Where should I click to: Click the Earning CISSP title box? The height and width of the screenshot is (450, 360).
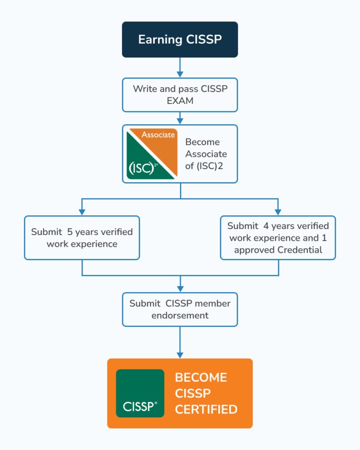tap(180, 39)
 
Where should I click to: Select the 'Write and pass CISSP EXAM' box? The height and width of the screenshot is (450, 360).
tap(180, 95)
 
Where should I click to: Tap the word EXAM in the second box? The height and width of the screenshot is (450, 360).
tap(180, 101)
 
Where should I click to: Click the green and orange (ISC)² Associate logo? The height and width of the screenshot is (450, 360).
tap(152, 154)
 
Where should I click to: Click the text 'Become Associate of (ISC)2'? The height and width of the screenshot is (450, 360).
tap(206, 154)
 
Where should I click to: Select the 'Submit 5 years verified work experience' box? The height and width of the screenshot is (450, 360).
tap(82, 237)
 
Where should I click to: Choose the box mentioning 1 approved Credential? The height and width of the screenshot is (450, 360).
tap(278, 237)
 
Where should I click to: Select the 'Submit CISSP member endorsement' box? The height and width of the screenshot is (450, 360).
tap(180, 309)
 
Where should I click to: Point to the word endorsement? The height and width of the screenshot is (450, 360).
tap(180, 315)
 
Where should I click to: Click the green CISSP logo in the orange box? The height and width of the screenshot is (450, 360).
tap(140, 393)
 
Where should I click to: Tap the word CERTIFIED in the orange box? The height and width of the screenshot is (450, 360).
tap(206, 410)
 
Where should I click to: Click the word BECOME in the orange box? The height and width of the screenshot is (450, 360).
tap(201, 377)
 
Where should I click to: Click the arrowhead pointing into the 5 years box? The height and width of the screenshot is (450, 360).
tap(82, 211)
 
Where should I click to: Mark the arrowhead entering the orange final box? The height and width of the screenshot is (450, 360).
tap(180, 354)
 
